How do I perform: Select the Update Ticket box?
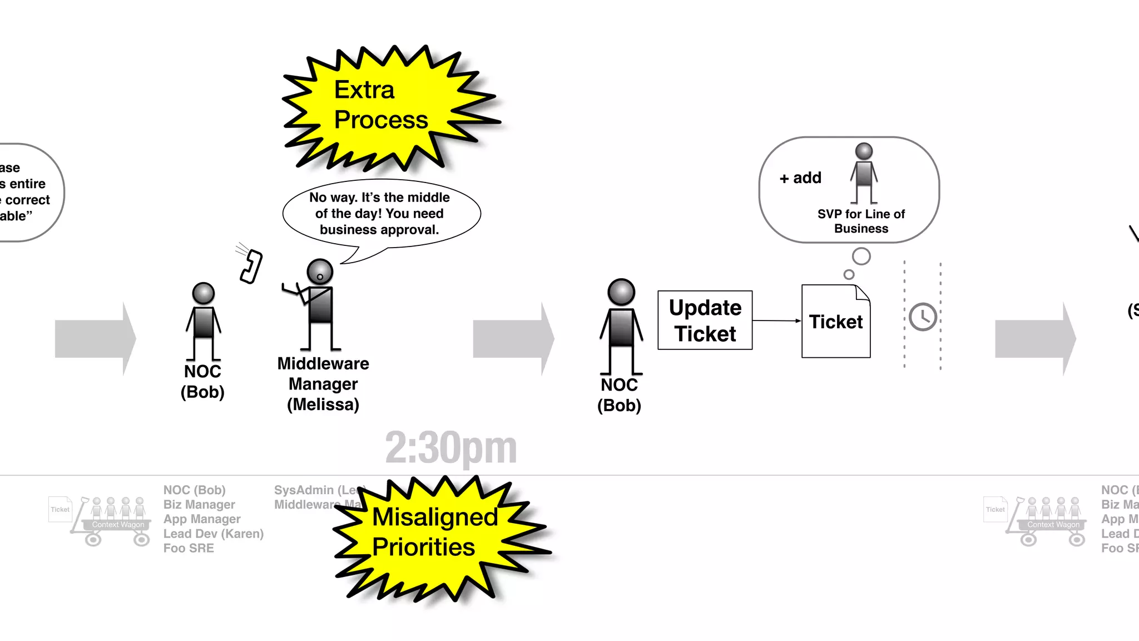[x=705, y=320]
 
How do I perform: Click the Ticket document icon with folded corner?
[x=835, y=322]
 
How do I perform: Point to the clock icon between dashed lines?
[x=923, y=317]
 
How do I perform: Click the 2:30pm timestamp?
[x=450, y=448]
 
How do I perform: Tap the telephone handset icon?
[x=251, y=267]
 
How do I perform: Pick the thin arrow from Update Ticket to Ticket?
[x=776, y=320]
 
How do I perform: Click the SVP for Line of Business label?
[x=861, y=221]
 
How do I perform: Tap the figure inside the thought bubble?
[x=864, y=172]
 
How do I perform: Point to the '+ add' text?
[x=800, y=178]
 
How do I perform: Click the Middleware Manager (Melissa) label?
[x=323, y=384]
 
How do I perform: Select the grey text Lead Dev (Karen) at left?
[x=214, y=534]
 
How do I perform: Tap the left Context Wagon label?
[x=118, y=525]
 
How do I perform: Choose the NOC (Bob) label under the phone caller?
[x=202, y=382]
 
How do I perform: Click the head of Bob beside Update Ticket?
[x=621, y=292]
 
